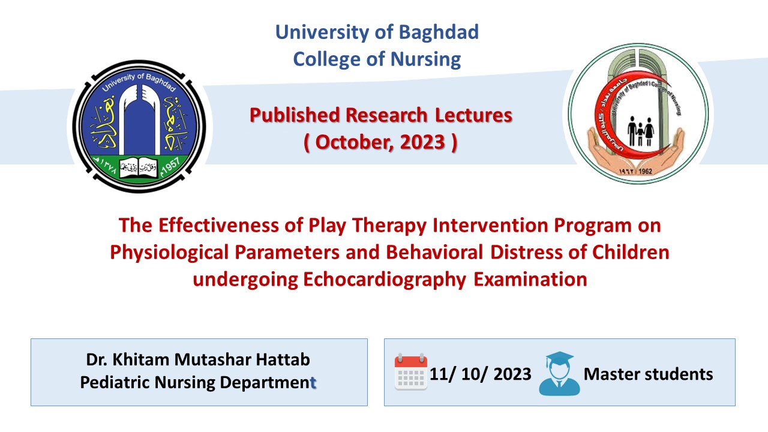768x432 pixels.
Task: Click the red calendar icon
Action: [411, 371]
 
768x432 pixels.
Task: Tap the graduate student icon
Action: [559, 373]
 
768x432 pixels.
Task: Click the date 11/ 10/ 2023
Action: [481, 374]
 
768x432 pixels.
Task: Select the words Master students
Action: [649, 374]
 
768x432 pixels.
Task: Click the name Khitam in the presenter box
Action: [140, 359]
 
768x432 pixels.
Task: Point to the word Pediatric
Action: [115, 382]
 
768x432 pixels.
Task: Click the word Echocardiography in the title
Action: [385, 280]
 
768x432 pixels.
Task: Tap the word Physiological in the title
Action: [169, 253]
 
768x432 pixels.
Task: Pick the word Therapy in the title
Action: [389, 226]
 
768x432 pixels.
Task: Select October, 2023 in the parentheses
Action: [380, 142]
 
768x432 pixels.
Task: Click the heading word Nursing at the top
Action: [426, 59]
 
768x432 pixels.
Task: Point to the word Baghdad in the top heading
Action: [439, 32]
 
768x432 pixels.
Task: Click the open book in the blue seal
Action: [138, 168]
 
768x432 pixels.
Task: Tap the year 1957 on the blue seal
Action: [171, 167]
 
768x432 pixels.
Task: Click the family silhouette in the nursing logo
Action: [640, 131]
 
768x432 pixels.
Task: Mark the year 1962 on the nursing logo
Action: [645, 171]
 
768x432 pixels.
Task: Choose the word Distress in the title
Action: [526, 253]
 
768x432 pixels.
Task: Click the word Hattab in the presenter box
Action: [283, 359]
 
